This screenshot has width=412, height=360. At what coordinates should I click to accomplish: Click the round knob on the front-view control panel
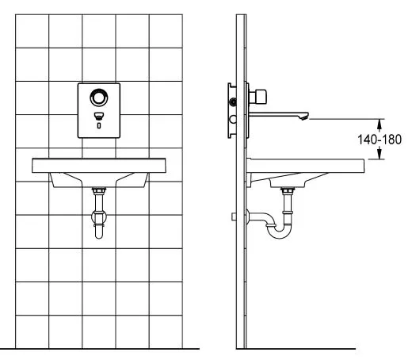[x=99, y=98]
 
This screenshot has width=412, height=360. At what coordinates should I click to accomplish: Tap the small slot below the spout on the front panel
[x=99, y=125]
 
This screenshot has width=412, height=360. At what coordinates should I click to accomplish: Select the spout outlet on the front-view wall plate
[x=99, y=116]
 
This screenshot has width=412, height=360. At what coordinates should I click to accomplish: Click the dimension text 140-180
[x=380, y=140]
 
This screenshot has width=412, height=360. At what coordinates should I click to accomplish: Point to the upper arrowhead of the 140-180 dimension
[x=380, y=123]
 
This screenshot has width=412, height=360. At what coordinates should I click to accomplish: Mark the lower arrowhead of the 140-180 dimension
[x=380, y=155]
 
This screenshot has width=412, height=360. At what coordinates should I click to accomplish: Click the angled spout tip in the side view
[x=305, y=117]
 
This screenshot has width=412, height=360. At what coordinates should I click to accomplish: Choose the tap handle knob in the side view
[x=261, y=96]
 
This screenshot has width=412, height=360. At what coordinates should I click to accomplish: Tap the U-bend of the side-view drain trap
[x=280, y=232]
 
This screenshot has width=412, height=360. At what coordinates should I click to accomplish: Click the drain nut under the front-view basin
[x=99, y=190]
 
